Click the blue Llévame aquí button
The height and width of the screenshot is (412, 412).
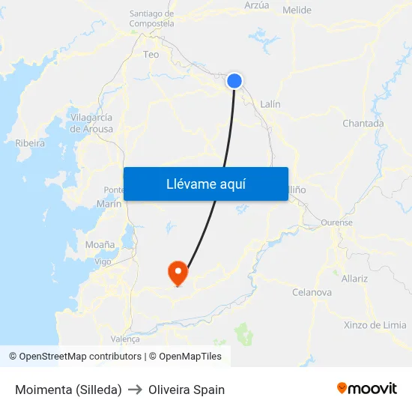[x=205, y=184]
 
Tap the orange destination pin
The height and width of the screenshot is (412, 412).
[x=178, y=271]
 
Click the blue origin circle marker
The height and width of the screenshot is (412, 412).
[x=235, y=80]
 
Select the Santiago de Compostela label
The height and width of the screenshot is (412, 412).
[x=151, y=19]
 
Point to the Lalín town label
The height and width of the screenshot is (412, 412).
[x=270, y=104]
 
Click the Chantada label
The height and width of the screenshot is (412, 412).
[x=363, y=124]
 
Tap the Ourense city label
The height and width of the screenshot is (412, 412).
[x=336, y=222]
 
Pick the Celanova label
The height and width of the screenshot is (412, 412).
[x=312, y=292]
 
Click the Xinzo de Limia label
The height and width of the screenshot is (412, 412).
[x=375, y=325]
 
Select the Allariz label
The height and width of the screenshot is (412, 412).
[x=354, y=279]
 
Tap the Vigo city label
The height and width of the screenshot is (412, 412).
[x=103, y=261]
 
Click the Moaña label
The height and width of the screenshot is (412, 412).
[x=100, y=245]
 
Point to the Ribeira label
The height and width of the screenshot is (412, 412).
[x=30, y=143]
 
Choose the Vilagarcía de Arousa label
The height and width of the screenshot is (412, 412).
[x=91, y=123]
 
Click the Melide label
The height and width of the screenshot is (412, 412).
[x=297, y=10]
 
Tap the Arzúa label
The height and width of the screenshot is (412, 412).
[x=256, y=4]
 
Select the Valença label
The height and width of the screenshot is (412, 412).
[x=125, y=339]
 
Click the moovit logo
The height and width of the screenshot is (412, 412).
[x=366, y=389]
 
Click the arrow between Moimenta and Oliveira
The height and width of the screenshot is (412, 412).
[x=135, y=390]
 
